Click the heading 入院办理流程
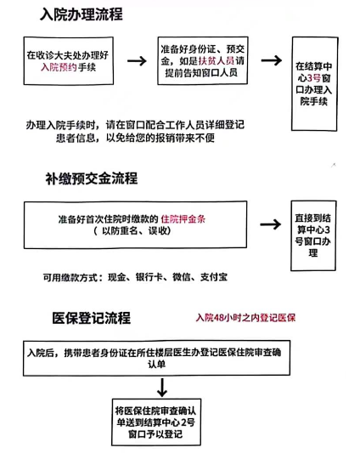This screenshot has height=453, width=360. click(82, 14)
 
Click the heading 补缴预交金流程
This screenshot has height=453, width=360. click(91, 178)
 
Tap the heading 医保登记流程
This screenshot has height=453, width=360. click(91, 318)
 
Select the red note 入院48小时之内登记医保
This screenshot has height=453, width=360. click(245, 318)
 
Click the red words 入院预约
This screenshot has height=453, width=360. click(59, 67)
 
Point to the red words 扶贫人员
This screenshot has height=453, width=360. click(217, 60)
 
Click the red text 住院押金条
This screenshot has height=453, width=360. click(183, 219)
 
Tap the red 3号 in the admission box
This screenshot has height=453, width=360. click(314, 78)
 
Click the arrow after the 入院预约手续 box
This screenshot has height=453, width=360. click(137, 60)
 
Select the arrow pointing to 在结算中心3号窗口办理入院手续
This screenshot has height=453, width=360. click(272, 60)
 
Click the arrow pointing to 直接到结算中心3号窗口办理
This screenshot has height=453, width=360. click(271, 224)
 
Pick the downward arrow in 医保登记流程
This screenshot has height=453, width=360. click(162, 387)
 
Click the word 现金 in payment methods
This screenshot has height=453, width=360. click(117, 277)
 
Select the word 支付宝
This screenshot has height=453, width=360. click(214, 277)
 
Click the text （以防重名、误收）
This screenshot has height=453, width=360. click(132, 231)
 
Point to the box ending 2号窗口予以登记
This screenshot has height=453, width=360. click(156, 422)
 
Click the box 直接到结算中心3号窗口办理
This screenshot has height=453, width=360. click(313, 235)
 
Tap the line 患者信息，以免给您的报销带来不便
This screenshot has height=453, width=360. click(135, 138)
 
